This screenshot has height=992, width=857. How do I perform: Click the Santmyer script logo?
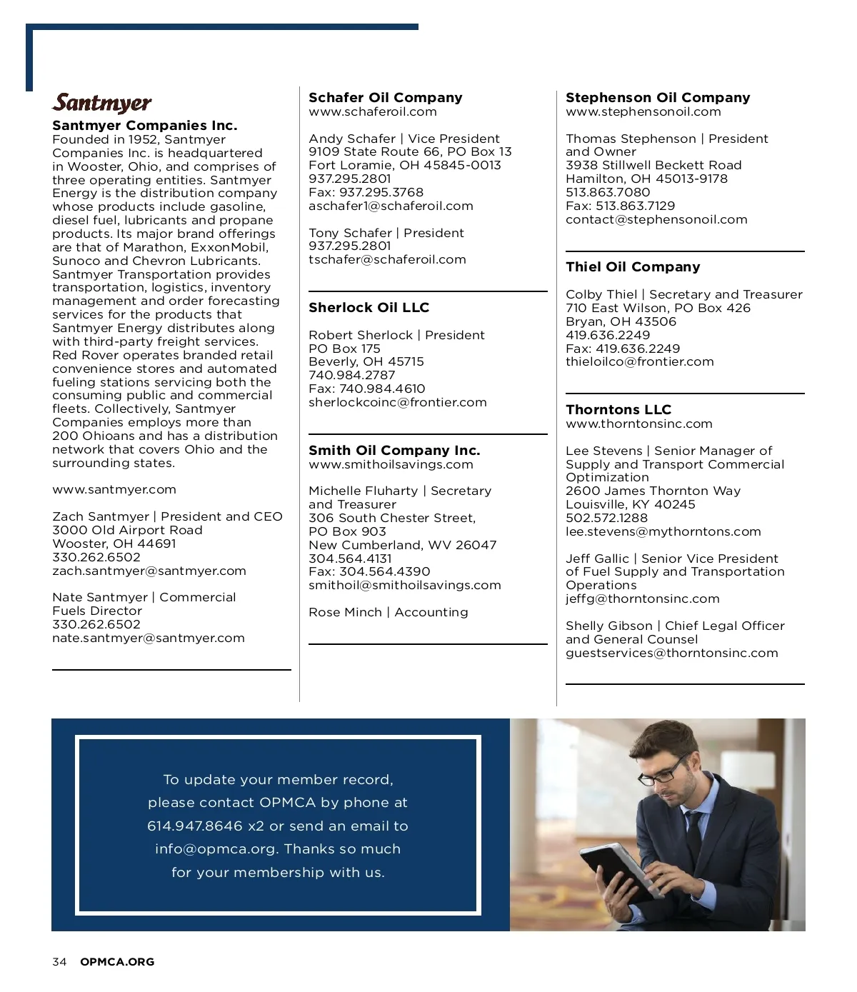[x=102, y=104]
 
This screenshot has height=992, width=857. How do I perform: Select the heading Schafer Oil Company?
[x=385, y=98]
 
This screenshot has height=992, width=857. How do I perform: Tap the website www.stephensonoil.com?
[x=643, y=112]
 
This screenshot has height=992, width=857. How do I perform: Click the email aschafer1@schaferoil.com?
[x=391, y=206]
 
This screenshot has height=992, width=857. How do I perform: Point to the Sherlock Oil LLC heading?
[x=369, y=308]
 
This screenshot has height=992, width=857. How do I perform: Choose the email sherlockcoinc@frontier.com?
[x=397, y=403]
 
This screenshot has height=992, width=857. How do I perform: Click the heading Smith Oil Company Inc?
[x=394, y=451]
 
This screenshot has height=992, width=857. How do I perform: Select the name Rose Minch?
[x=345, y=613]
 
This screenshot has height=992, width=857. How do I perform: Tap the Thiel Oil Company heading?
[x=633, y=267]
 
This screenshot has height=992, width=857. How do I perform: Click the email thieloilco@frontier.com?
[x=639, y=362]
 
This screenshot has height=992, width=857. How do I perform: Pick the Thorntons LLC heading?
[x=618, y=410]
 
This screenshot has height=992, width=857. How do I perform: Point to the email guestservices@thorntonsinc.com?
[x=671, y=653]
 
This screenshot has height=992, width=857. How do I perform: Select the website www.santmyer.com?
[x=114, y=490]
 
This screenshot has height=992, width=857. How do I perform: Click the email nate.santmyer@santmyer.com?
[x=148, y=638]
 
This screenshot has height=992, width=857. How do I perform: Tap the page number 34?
[x=59, y=962]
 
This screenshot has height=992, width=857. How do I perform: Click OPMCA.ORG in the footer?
[x=117, y=962]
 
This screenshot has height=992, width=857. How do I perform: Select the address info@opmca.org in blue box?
[x=215, y=849]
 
